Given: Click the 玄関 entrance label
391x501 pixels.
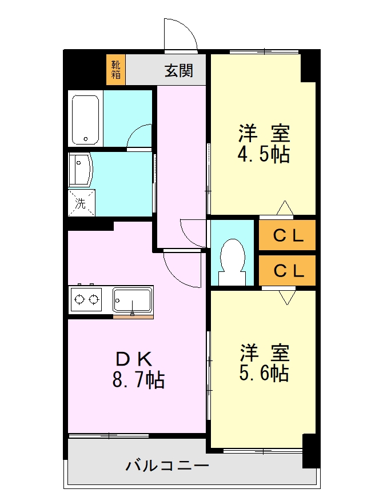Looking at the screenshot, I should pyautogui.click(x=178, y=70).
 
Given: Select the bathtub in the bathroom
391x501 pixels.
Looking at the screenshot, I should pyautogui.click(x=86, y=118).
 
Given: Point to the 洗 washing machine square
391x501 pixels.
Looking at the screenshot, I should pyautogui.click(x=81, y=203).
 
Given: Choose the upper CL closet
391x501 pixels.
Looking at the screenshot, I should pyautogui.click(x=287, y=235).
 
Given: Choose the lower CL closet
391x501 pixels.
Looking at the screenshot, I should pyautogui.click(x=287, y=270).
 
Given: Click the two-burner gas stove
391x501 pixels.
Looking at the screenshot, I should pyautogui.click(x=86, y=299).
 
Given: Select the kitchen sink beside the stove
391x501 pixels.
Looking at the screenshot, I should pyautogui.click(x=132, y=299).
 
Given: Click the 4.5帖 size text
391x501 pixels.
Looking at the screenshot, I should pyautogui.click(x=263, y=155).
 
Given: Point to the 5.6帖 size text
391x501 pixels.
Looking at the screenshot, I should pyautogui.click(x=263, y=373).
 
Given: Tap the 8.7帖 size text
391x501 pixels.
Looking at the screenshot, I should pyautogui.click(x=138, y=380).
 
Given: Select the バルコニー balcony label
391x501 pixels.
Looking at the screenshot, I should pyautogui.click(x=167, y=465).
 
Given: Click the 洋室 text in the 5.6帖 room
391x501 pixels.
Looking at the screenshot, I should pyautogui.click(x=264, y=352).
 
